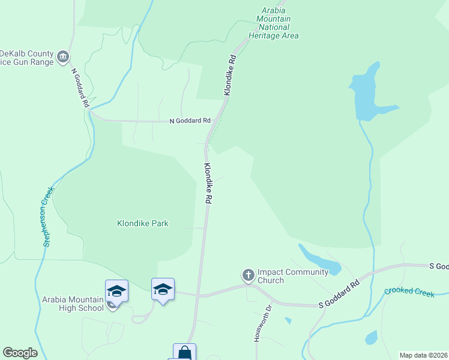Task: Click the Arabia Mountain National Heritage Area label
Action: coord(276,23)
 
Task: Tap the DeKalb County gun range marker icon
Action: coord(63,58)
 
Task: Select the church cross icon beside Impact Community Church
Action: coord(248,275)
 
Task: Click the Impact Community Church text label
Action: coord(292,276)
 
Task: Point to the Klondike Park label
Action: coord(142,223)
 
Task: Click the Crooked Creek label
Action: coord(409,292)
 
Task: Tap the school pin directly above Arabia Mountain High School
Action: coord(116,292)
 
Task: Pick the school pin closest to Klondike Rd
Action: coord(163,289)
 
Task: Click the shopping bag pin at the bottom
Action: coord(184,353)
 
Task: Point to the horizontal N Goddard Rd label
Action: coord(190,120)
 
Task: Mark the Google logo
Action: coord(20,353)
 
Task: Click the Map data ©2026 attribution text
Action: coord(423,355)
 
